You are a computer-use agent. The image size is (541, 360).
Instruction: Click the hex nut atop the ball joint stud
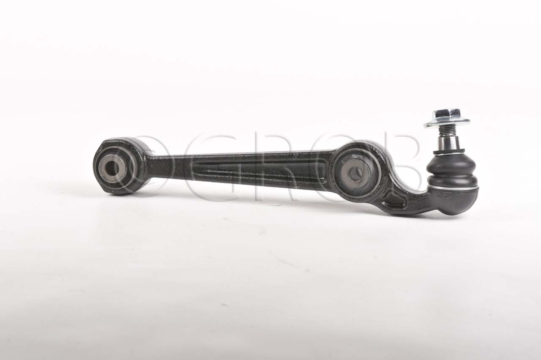click(447, 114)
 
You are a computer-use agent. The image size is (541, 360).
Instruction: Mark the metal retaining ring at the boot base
click(453, 187)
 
